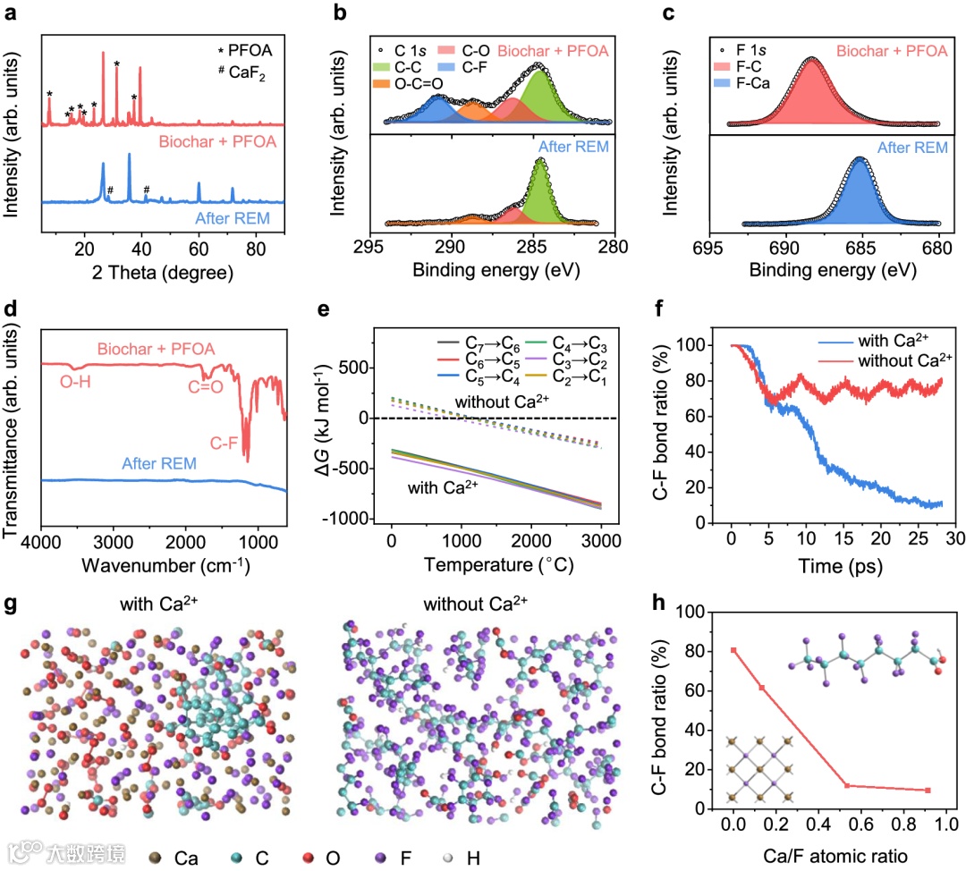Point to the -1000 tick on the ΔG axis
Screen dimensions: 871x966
354,519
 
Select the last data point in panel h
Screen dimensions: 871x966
928,790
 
